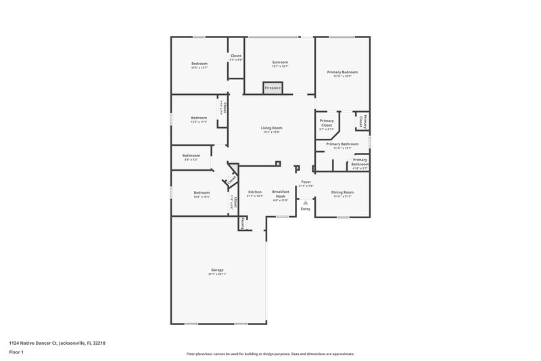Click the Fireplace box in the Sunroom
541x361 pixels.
[273, 88]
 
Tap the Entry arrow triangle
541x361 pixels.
[305, 202]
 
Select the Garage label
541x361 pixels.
[216, 270]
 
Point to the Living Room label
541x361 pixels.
[272, 127]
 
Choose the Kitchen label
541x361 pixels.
[255, 192]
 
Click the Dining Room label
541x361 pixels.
[342, 192]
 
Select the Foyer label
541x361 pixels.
[306, 182]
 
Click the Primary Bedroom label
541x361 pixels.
[342, 72]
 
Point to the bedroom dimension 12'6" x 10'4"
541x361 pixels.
[202, 196]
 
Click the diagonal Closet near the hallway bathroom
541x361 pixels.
[232, 180]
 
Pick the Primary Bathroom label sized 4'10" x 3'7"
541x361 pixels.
[360, 162]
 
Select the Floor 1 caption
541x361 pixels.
[16, 352]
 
